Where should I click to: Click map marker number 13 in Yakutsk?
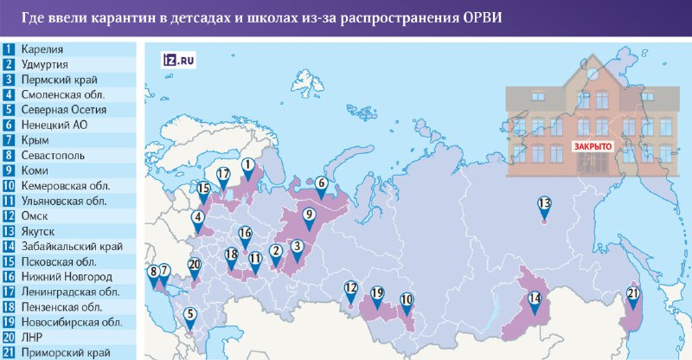[544, 206]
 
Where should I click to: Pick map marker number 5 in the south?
[190, 316]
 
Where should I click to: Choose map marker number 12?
[350, 288]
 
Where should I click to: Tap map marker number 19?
[376, 293]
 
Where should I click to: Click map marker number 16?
[245, 234]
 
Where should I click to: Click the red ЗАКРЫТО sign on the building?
[592, 146]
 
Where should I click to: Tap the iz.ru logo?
[179, 60]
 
